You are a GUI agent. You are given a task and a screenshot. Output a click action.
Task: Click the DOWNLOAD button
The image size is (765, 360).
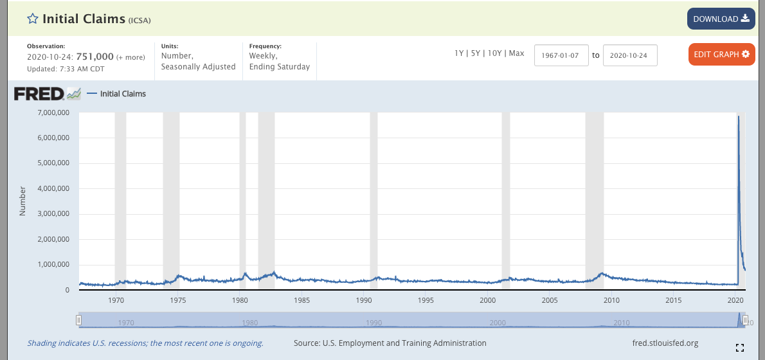(721, 19)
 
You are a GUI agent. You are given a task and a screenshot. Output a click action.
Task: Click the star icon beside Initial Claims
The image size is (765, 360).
(33, 19)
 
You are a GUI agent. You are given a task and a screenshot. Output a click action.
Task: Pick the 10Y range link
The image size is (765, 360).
(494, 53)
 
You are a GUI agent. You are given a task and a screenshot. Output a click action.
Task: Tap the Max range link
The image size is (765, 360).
(516, 53)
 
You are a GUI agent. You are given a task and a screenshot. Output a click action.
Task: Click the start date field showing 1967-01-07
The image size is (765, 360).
(561, 55)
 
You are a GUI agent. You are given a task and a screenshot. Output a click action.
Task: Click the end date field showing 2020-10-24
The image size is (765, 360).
(629, 55)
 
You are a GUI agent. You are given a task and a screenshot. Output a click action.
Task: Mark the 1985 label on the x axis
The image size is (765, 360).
(301, 300)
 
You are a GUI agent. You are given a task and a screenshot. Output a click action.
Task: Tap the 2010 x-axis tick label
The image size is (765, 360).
(611, 300)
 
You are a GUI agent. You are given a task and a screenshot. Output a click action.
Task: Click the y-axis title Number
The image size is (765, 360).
(22, 201)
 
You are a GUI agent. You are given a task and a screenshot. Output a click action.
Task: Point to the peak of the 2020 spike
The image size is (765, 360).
(738, 117)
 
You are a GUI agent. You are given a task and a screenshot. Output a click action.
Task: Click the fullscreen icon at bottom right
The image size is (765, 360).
(739, 348)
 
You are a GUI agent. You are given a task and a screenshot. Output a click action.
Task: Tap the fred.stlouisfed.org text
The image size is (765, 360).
(665, 343)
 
